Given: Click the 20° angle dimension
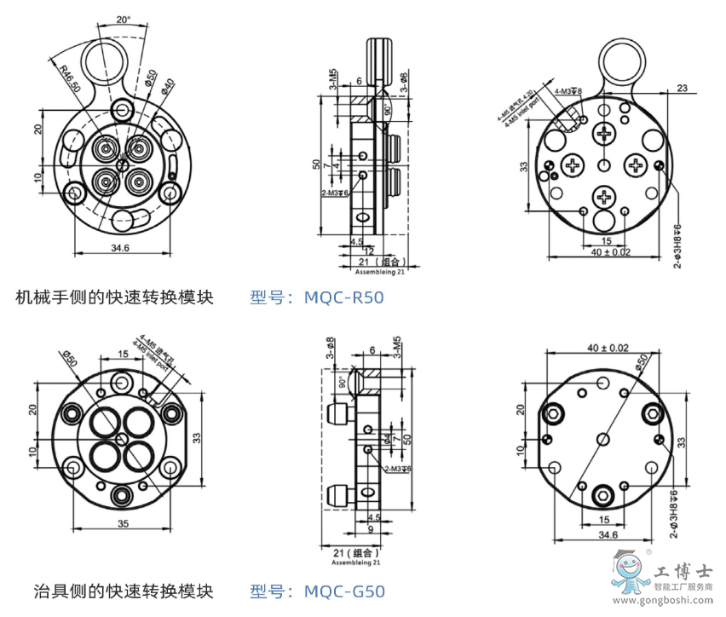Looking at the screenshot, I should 124,18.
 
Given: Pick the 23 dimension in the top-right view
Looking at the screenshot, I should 682,87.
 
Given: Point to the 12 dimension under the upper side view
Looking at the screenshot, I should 368,251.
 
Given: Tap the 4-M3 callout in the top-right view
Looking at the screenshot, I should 568,90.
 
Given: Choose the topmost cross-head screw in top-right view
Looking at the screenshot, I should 606,133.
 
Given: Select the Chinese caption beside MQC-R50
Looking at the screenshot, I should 114,297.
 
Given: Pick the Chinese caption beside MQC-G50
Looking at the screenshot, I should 114,591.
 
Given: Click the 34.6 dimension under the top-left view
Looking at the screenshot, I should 120,249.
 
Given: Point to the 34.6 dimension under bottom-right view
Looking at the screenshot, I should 606,535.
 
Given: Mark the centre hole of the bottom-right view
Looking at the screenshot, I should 603,437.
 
